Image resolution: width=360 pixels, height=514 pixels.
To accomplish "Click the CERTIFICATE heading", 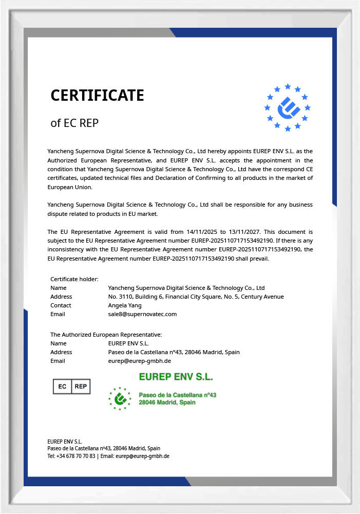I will [x=97, y=96].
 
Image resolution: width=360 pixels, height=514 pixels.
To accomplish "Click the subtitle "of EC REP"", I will [x=74, y=123].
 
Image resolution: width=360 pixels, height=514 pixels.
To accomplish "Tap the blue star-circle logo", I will [x=288, y=108].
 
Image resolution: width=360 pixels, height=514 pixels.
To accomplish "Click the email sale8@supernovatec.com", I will [x=142, y=314].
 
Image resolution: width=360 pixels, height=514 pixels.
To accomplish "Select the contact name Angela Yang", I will [x=125, y=305].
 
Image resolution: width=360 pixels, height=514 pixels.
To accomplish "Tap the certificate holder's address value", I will [x=196, y=297].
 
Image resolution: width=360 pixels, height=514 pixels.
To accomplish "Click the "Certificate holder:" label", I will [x=74, y=279].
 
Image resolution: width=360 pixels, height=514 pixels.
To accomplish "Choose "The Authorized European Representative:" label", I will [x=106, y=335].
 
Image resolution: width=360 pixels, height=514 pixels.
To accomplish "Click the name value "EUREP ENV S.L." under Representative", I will [x=128, y=343].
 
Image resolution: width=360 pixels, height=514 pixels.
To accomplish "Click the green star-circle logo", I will [x=120, y=398].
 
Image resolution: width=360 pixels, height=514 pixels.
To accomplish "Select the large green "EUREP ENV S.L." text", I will [x=176, y=377].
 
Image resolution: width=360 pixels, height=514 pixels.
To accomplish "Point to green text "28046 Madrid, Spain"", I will [x=167, y=402].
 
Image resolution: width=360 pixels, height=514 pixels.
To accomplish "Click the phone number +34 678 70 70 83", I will [x=76, y=456].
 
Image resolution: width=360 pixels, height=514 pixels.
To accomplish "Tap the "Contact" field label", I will [x=61, y=305].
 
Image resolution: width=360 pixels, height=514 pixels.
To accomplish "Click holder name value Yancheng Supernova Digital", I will [x=186, y=288].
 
